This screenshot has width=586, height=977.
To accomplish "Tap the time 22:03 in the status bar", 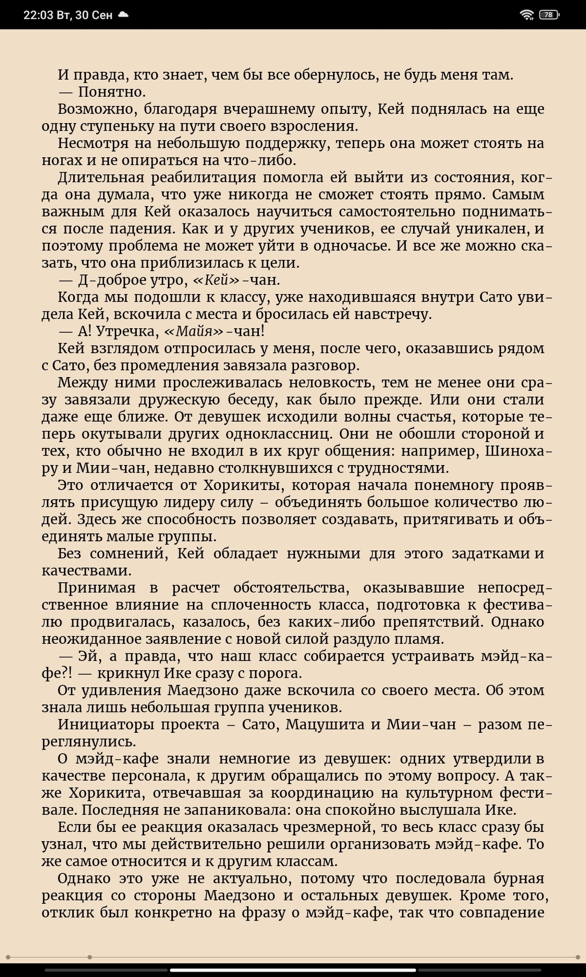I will point(38,15).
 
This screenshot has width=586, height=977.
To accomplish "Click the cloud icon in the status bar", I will point(123,15).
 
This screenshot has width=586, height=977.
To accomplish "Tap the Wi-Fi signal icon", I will point(526,15).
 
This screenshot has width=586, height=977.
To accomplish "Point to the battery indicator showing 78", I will point(549,15).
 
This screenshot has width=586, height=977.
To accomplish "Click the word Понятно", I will point(112,92).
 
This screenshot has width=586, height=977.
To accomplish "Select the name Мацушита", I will point(325,725).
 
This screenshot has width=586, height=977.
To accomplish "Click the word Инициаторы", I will point(103,725).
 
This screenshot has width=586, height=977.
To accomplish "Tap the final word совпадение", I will point(502,913).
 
